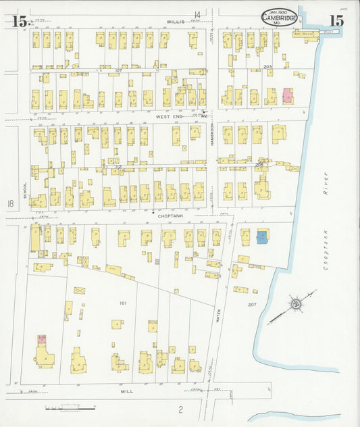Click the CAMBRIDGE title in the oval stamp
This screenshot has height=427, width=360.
click(x=278, y=19)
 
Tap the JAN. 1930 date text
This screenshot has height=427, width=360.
click(x=278, y=11)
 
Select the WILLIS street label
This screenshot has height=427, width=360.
click(x=176, y=22)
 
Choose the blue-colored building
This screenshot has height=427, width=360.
click(x=262, y=237)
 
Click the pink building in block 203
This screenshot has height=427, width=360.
click(x=288, y=96)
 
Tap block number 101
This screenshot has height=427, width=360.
click(x=122, y=303)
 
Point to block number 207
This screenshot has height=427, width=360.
click(x=251, y=305)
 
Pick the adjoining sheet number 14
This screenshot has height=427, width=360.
click(x=198, y=14)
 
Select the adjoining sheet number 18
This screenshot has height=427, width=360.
click(x=9, y=203)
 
